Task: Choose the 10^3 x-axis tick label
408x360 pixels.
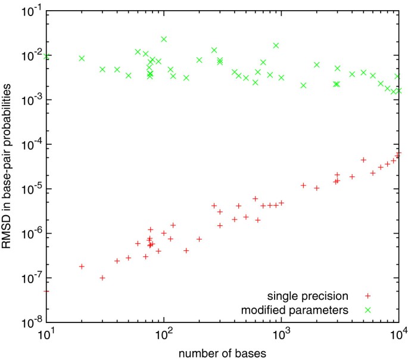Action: (x=281, y=334)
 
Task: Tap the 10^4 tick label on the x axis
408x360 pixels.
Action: (x=398, y=334)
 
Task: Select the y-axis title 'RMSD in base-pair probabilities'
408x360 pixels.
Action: (x=8, y=165)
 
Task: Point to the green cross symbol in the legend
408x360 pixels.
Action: (x=368, y=309)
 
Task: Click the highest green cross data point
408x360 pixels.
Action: (x=164, y=39)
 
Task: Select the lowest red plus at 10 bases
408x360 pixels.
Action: (x=46, y=291)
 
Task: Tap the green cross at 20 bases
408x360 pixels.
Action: (x=82, y=58)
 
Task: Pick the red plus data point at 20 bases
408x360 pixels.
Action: (x=82, y=266)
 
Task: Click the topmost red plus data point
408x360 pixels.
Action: (x=398, y=154)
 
